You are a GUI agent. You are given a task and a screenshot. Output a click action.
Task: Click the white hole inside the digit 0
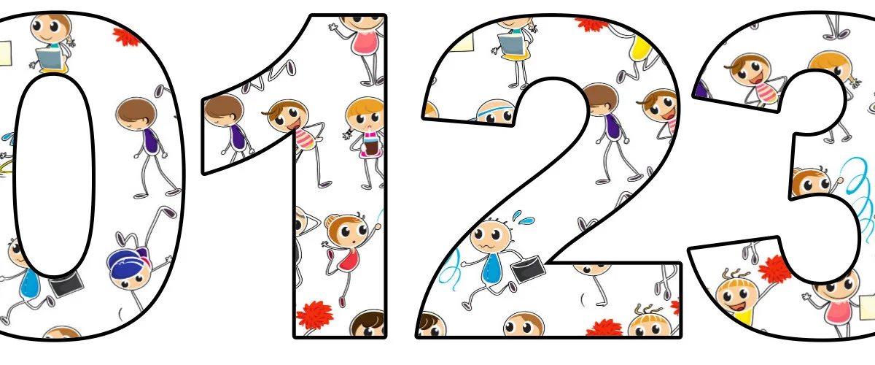pyautogui.click(x=54, y=175)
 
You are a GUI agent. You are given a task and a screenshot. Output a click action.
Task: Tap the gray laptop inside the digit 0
pyautogui.click(x=49, y=58)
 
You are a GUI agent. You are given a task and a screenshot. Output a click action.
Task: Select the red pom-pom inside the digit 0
pyautogui.click(x=125, y=36)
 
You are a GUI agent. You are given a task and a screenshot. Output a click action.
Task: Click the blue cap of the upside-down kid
pyautogui.click(x=125, y=259)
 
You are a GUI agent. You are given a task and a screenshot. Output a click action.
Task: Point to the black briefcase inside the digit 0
pyautogui.click(x=66, y=284)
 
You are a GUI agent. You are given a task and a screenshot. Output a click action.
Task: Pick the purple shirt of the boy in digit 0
pyautogui.click(x=151, y=141)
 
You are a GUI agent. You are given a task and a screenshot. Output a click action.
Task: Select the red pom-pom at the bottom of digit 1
pyautogui.click(x=315, y=315)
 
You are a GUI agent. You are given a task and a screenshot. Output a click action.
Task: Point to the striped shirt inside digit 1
pyautogui.click(x=306, y=139)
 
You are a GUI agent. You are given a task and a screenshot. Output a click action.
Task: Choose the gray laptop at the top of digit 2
pyautogui.click(x=511, y=45)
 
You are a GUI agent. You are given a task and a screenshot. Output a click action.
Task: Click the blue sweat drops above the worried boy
pyautogui.click(x=522, y=217)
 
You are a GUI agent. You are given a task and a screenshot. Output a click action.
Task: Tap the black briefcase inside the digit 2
pyautogui.click(x=528, y=269)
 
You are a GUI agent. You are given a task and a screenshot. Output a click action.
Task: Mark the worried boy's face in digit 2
pyautogui.click(x=491, y=237)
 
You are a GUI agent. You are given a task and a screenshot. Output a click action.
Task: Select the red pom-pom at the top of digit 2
pyautogui.click(x=591, y=25)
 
